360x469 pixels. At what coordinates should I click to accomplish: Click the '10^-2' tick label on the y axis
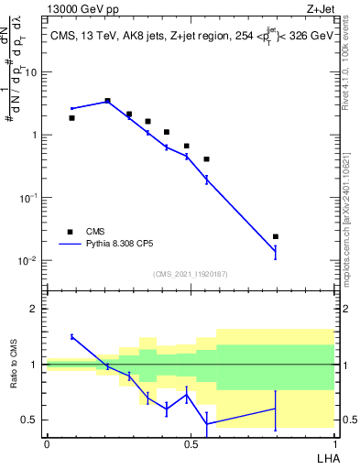28,260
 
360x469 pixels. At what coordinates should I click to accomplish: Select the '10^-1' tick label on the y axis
28,197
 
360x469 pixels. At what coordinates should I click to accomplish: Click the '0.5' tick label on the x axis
191,442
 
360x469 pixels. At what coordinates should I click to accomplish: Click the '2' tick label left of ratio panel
35,309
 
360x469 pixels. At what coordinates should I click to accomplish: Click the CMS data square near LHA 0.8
276,236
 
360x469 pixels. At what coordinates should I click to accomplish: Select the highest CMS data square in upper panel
108,101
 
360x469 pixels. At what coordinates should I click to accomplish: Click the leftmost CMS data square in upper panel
72,117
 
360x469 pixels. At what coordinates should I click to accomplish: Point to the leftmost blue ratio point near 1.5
72,336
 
